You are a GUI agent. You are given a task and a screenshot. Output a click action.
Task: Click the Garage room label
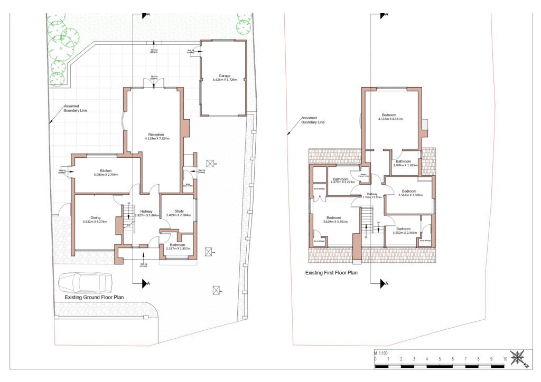click(x=225, y=75)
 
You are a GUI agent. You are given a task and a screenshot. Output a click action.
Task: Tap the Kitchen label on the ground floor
click(x=105, y=171)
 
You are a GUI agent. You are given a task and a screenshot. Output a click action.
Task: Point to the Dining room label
click(x=95, y=217)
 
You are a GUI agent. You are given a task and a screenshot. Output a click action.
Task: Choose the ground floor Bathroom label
click(x=177, y=244)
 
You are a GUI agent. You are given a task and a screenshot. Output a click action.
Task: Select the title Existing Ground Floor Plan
click(x=94, y=298)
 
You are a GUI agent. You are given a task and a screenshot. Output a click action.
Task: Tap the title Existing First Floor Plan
click(x=331, y=273)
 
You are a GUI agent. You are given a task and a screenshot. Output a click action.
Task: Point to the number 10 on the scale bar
click(x=505, y=359)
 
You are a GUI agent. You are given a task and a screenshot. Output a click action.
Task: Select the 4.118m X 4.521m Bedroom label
click(x=390, y=114)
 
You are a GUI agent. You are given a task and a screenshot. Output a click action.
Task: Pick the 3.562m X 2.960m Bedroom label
click(x=409, y=191)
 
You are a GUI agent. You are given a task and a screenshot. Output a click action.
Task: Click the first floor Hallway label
click(x=372, y=194)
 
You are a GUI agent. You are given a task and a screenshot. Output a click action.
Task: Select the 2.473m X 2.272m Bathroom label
click(x=341, y=179)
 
